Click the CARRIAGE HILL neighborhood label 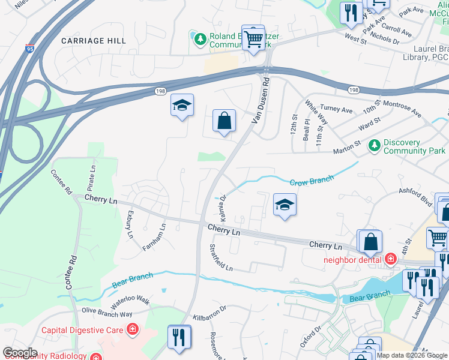[94, 40]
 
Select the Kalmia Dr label [222, 205]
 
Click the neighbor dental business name [352, 260]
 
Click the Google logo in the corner [20, 353]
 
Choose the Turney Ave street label [336, 110]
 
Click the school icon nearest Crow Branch [285, 204]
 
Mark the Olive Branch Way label [107, 313]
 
